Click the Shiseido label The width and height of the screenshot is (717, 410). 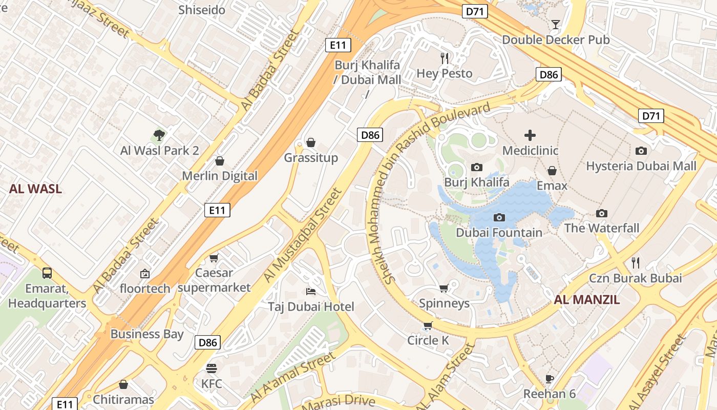(202, 10)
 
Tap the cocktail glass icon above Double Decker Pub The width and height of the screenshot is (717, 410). (556, 24)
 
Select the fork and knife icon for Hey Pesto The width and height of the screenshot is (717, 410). (445, 58)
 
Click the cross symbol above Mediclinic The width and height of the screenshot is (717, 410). (530, 135)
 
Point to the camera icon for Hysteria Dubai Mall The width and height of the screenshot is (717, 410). (641, 151)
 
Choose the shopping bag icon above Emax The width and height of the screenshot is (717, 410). (552, 171)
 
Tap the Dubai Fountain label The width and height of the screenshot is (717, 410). (499, 233)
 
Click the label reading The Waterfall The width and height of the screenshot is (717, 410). (602, 228)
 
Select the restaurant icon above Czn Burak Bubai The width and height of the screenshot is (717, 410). (636, 263)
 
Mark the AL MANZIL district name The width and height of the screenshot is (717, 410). (587, 300)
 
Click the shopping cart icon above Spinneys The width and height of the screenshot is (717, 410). (444, 289)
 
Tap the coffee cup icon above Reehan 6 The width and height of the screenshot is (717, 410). (550, 379)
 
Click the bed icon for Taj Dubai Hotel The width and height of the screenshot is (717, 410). (311, 292)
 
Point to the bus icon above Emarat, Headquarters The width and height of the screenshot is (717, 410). (47, 273)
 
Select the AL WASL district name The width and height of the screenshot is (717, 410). (35, 189)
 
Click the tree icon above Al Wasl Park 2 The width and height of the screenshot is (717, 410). (159, 135)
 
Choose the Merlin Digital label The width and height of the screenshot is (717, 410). (220, 176)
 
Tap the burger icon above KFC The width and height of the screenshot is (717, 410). (212, 368)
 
